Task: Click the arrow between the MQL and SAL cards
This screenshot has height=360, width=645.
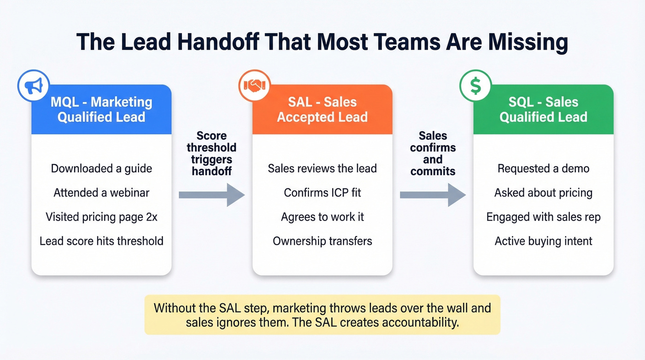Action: pos(211,195)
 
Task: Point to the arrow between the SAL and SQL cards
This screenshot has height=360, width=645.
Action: pos(433,195)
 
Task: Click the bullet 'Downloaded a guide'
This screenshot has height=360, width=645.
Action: pos(101,168)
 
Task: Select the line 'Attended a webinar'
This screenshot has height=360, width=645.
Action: pos(101,192)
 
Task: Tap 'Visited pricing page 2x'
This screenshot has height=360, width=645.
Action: pos(101,217)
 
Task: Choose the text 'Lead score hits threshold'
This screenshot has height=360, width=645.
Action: pos(101,241)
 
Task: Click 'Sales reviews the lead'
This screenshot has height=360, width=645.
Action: pos(322,168)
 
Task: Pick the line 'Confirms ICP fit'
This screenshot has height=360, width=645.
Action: pos(322,192)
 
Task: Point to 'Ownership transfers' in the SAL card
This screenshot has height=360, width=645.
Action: pos(322,241)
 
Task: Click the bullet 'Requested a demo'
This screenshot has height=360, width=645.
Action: pos(544,168)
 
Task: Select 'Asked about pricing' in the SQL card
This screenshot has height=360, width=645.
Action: pos(544,192)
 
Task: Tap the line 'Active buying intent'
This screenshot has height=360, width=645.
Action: pos(544,241)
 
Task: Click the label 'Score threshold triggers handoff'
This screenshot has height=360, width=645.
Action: pos(211,153)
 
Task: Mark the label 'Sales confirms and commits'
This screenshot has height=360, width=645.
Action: pos(433,153)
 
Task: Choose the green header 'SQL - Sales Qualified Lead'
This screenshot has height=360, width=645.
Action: pos(544,109)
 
